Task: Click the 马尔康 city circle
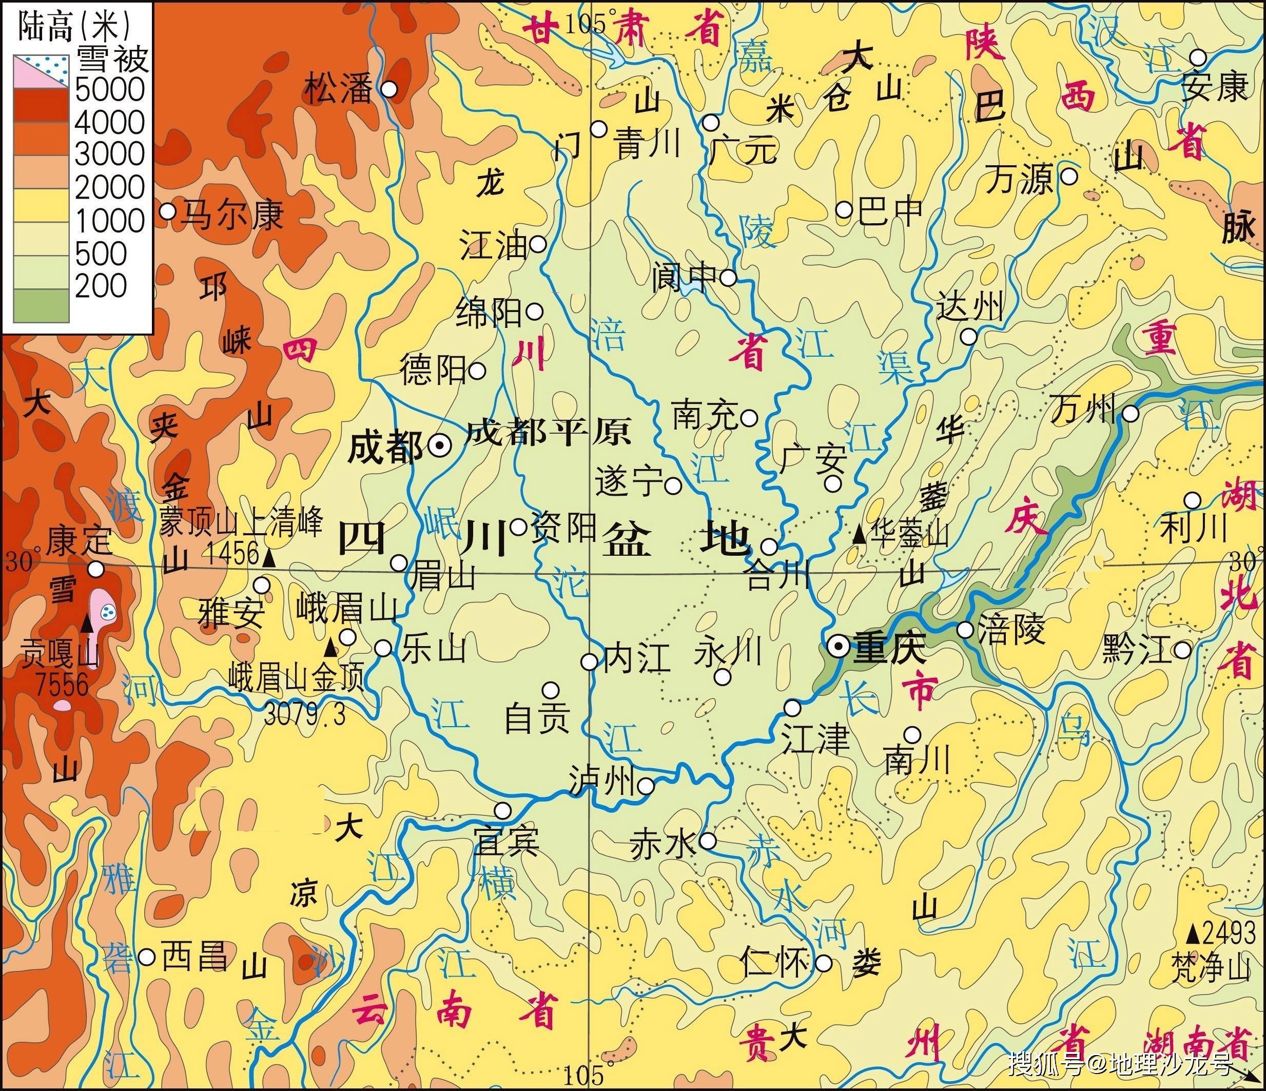(167, 212)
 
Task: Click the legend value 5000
(110, 90)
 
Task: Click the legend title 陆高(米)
(74, 26)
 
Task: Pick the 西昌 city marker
(147, 957)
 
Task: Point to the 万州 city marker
(1131, 414)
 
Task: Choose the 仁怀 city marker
(824, 963)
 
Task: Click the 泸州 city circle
(646, 785)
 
